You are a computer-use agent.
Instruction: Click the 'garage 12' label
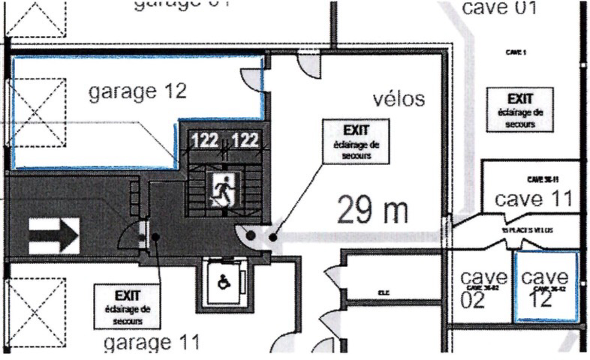pos(137,92)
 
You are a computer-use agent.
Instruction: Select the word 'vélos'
pos(399,99)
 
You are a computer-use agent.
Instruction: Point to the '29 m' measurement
pos(372,209)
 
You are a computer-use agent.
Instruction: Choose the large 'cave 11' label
pos(533,199)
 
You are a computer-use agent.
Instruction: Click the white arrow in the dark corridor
pos(53,236)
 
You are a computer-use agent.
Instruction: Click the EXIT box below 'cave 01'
pos(520,109)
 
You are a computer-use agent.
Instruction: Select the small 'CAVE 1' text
pos(515,52)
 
